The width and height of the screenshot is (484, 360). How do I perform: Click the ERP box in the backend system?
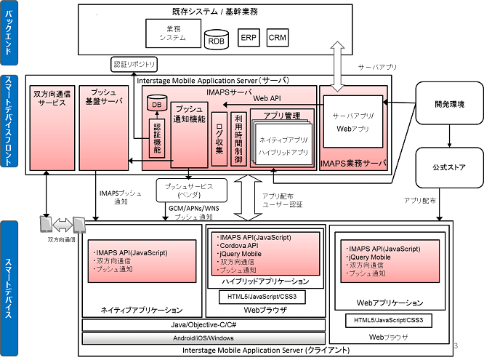(x=249, y=36)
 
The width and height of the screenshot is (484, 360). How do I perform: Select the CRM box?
(x=278, y=36)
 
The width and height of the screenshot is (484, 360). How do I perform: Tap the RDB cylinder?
(x=217, y=39)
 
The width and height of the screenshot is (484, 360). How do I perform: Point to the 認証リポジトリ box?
(x=134, y=65)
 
